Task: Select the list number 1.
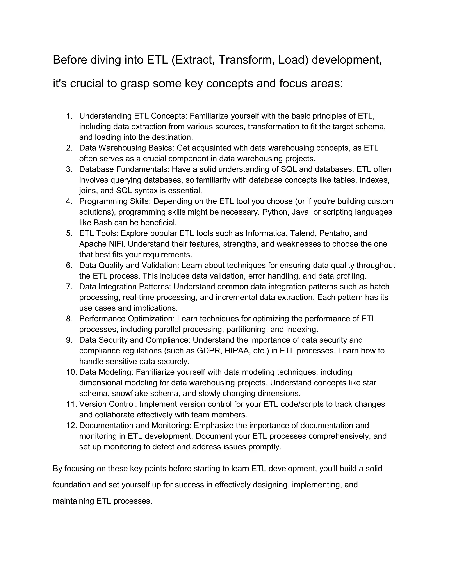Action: pos(69,116)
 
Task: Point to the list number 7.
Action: pos(69,287)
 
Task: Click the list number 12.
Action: pos(71,425)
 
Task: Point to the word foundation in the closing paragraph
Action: pos(71,485)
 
